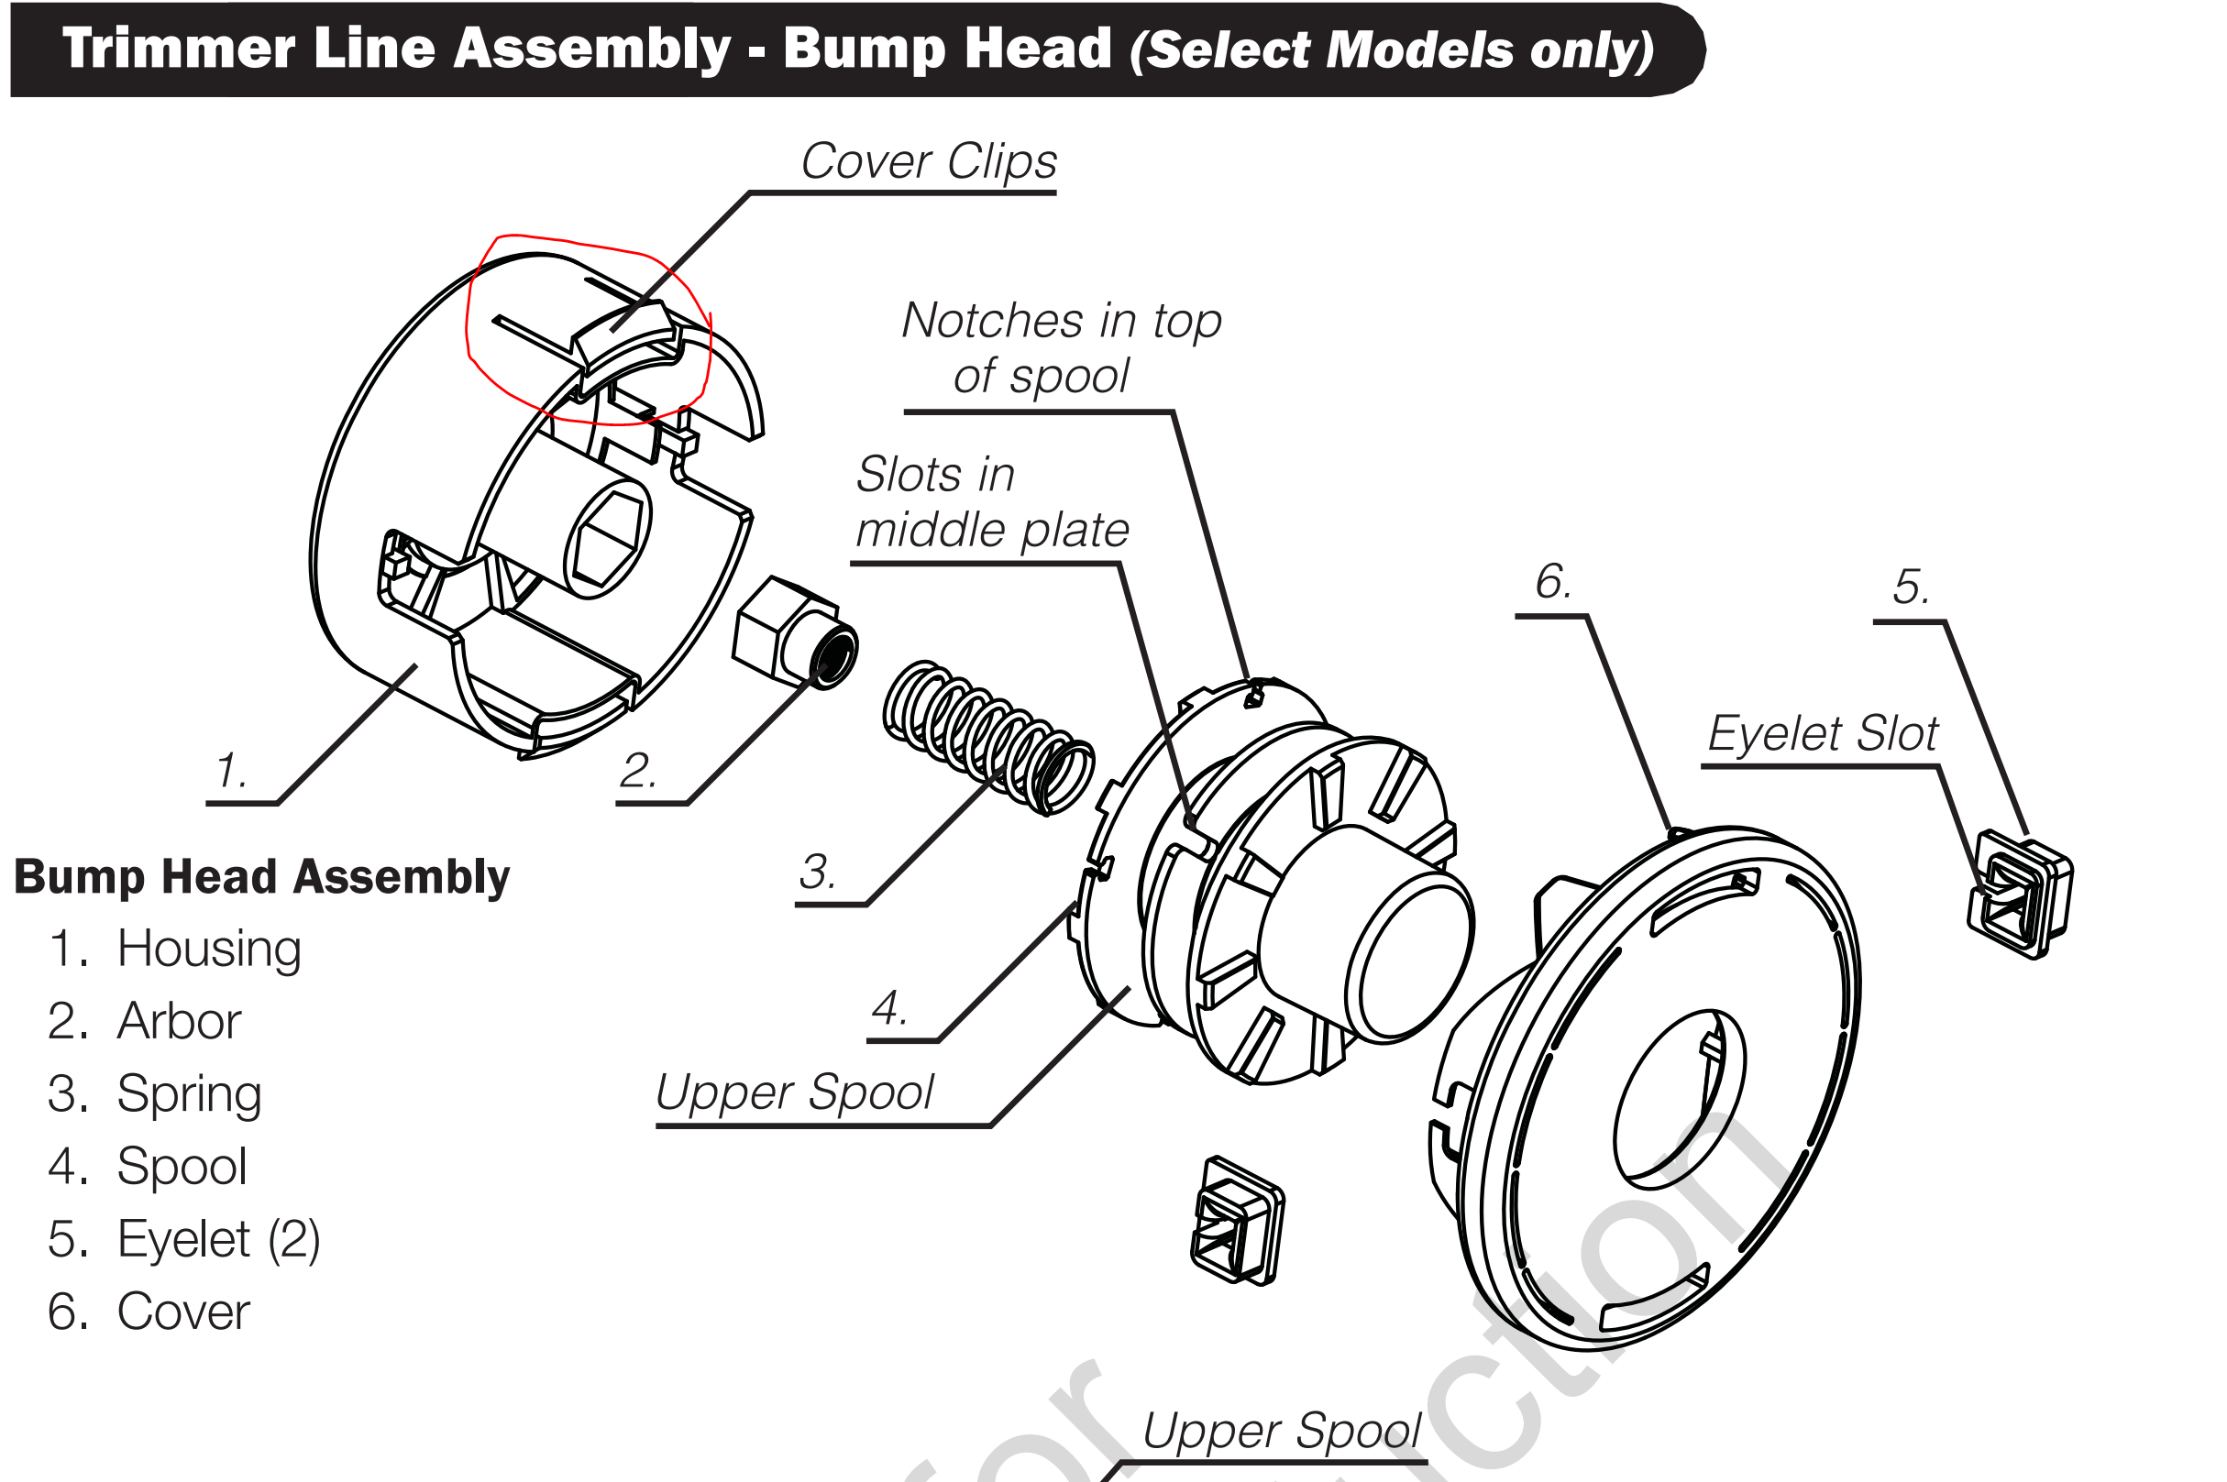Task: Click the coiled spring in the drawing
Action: [x=987, y=737]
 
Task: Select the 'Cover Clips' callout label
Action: [x=928, y=160]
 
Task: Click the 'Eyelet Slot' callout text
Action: [x=1822, y=733]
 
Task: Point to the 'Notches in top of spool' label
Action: [x=1061, y=348]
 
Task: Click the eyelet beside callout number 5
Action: [x=2020, y=895]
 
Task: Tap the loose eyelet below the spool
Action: [x=1237, y=1220]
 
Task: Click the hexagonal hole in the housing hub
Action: [x=608, y=543]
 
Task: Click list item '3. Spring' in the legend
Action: [x=155, y=1093]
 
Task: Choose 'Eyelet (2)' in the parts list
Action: [x=217, y=1239]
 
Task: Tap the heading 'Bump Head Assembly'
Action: [x=262, y=876]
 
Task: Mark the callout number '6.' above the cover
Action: [x=1552, y=581]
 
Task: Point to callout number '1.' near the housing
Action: [x=231, y=770]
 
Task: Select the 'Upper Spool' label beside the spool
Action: [x=794, y=1092]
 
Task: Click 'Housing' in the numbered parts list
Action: [x=209, y=948]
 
